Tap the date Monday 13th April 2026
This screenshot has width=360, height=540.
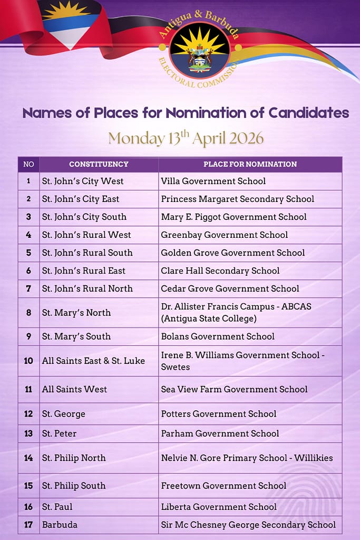186,138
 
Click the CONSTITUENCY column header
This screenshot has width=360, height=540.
99,164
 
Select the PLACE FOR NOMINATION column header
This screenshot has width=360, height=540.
250,164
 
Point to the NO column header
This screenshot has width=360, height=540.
28,164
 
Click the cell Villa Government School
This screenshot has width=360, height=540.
213,181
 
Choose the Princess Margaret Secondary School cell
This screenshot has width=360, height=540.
237,199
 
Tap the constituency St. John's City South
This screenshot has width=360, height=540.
84,217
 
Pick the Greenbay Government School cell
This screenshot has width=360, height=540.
225,235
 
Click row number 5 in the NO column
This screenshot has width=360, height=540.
28,253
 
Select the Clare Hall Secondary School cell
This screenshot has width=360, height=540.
220,271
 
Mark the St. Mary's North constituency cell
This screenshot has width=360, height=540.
76,313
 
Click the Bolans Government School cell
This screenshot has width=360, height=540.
218,336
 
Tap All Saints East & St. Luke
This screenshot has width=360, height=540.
93,361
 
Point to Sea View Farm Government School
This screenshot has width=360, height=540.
234,389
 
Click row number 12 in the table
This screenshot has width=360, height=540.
28,414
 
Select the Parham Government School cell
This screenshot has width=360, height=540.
220,433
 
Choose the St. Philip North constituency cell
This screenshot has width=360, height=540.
74,458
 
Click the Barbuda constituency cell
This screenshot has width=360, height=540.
60,524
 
